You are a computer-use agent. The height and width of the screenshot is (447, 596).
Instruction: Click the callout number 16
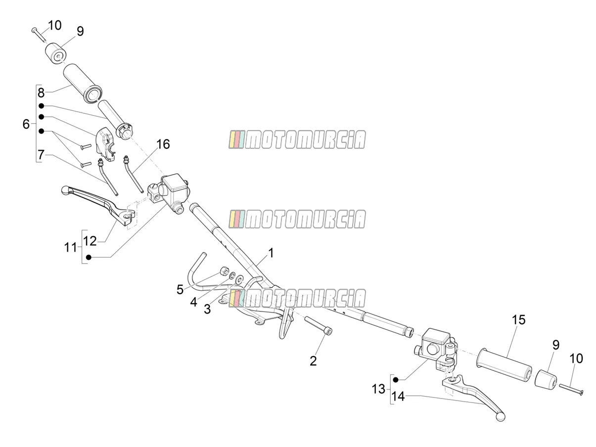click(163, 144)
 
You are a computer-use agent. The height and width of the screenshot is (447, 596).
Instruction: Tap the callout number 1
click(271, 253)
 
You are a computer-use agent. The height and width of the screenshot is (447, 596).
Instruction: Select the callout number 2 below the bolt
click(313, 361)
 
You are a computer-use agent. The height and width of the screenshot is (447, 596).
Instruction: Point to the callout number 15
click(519, 320)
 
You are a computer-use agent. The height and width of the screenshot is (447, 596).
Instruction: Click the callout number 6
click(26, 124)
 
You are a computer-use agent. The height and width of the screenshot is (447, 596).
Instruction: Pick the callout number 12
click(90, 241)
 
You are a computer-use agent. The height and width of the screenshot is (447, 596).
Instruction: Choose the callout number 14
click(398, 397)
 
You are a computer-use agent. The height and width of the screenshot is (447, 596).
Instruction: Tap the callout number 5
click(180, 290)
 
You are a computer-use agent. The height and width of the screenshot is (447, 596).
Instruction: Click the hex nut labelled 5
click(223, 270)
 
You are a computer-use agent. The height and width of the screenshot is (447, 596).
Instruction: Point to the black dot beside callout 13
click(396, 380)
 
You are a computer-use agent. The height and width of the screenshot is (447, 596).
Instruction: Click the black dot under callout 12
click(88, 257)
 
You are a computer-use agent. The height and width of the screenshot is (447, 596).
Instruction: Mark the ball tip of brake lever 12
click(65, 189)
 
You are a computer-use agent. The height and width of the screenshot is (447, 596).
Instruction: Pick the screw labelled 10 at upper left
click(39, 35)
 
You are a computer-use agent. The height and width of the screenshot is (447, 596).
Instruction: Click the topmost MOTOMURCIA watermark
click(297, 139)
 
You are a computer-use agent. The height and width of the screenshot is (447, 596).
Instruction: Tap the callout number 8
click(41, 93)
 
